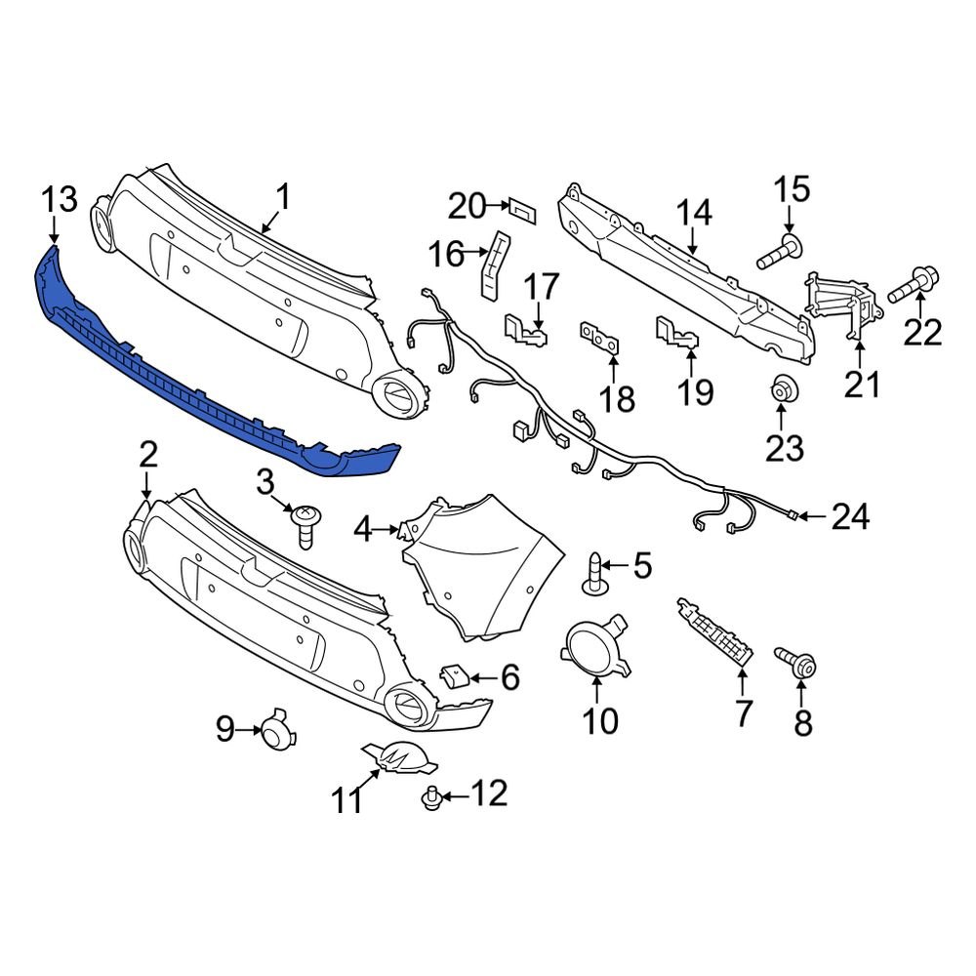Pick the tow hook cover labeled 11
[x=396, y=755]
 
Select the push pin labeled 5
[x=595, y=574]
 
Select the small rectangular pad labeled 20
[x=521, y=208]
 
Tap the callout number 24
[x=850, y=516]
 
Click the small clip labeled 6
[x=456, y=676]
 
